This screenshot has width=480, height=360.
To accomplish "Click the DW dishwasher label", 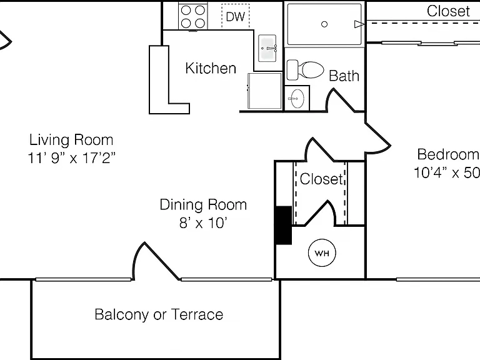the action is tap(236, 16).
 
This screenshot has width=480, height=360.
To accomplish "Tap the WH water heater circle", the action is tap(322, 253).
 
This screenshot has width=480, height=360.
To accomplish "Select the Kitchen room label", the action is tap(211, 68).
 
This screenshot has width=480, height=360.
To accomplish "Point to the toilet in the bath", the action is tap(305, 70).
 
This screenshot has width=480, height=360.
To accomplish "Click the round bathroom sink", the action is tap(297, 99).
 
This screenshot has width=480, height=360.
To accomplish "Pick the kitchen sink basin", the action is tap(267, 48).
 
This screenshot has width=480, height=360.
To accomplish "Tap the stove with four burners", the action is tap(193, 16).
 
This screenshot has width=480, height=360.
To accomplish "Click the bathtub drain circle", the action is tap(324, 24).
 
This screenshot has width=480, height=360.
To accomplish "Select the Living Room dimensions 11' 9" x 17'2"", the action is tap(72, 158).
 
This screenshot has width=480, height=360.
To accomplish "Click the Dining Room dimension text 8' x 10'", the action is tap(203, 223).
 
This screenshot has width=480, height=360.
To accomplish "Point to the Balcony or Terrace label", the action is tap(159, 315).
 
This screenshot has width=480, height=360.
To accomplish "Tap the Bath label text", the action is tap(344, 76).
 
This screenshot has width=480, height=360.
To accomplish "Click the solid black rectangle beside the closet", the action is tap(284, 225).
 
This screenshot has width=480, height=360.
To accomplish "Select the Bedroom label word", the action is tap(449, 154).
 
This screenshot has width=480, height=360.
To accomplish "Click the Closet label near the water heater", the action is tap(321, 179).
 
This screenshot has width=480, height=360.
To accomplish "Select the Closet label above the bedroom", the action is tap(448, 11).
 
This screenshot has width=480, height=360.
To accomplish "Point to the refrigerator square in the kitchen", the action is tap(264, 91).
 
